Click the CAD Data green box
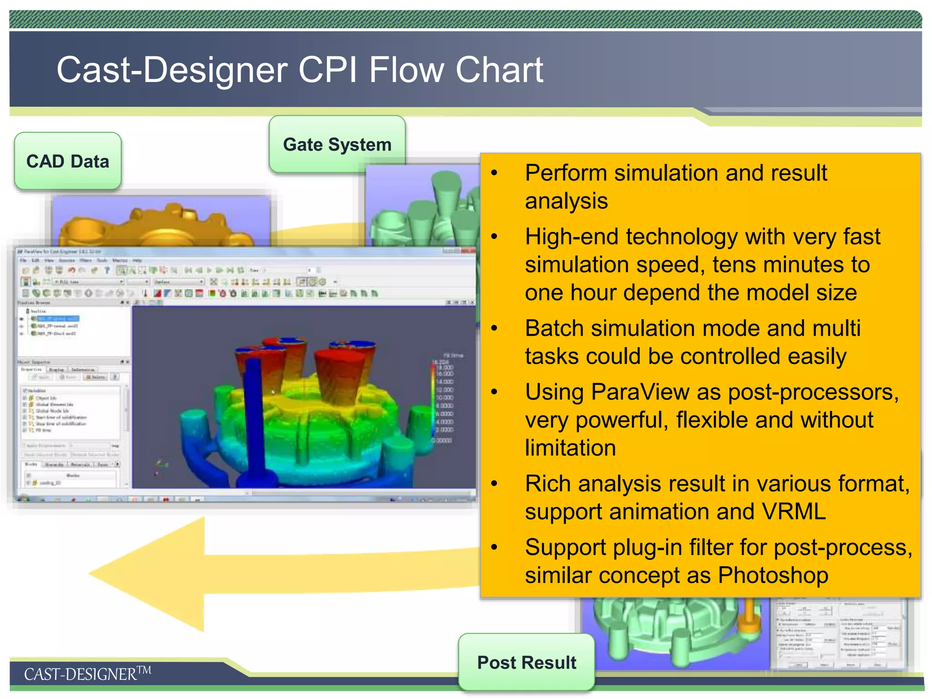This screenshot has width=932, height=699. point(68,161)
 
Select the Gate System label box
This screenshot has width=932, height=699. point(337,144)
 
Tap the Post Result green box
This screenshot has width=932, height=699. point(527,662)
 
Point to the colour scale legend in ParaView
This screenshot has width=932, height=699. point(441,400)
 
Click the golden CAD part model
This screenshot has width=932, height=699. point(155,225)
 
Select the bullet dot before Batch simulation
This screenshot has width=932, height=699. point(495,328)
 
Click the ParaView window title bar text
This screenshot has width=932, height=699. point(59,251)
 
